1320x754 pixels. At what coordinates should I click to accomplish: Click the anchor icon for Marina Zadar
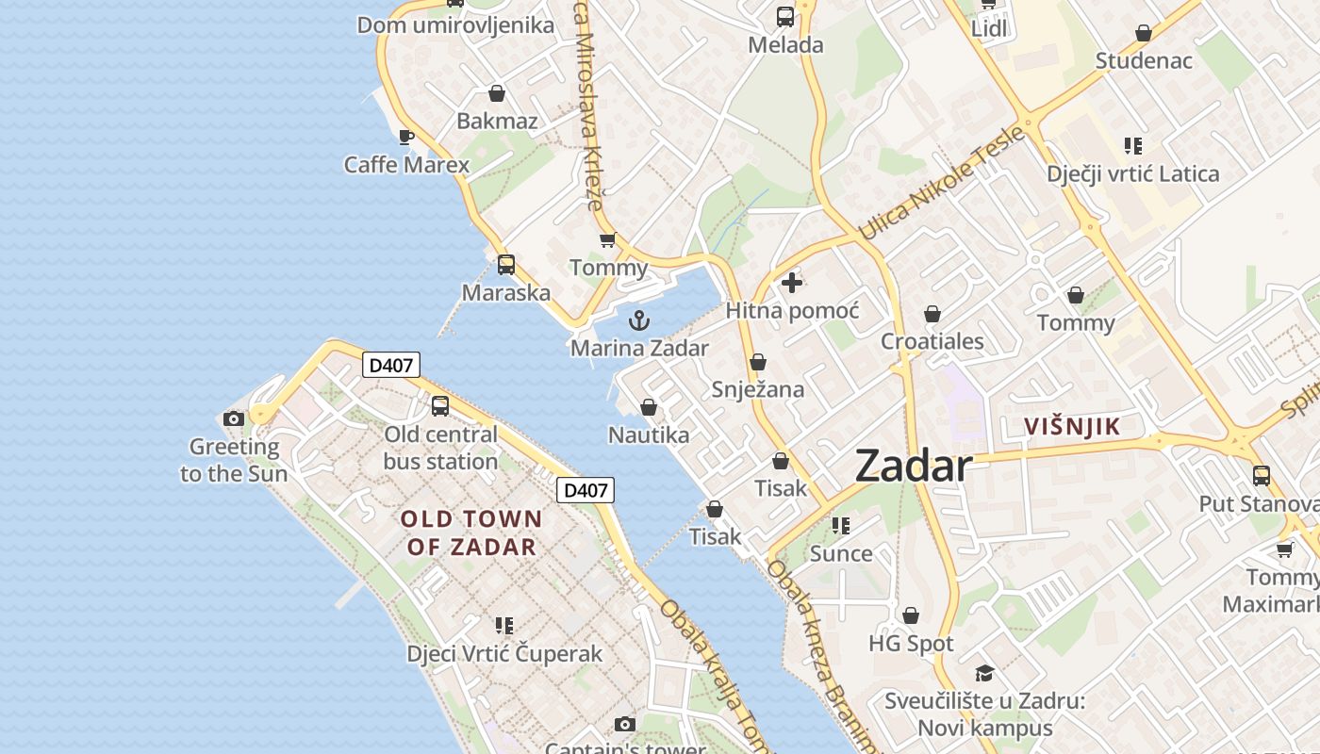pos(639,320)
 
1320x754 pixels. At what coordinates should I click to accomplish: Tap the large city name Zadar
pos(913,467)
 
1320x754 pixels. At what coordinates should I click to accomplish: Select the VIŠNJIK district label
pos(1073,427)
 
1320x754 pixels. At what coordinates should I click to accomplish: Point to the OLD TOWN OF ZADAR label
pos(471,533)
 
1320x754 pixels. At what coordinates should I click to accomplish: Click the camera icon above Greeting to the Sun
pos(234,418)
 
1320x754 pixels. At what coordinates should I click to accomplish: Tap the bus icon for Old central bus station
pos(440,406)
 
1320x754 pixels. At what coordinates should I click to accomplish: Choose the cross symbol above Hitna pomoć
pos(792,283)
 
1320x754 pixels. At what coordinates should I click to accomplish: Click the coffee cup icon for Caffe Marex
pos(406,138)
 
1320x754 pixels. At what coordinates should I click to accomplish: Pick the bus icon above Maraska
pos(506,265)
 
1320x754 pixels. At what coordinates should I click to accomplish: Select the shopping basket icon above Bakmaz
pos(497,93)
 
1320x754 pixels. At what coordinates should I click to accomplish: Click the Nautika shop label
pos(649,435)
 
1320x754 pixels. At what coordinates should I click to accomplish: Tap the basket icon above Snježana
pos(758,362)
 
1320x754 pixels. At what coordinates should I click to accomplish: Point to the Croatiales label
pos(932,341)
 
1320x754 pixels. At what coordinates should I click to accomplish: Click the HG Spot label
pos(911,644)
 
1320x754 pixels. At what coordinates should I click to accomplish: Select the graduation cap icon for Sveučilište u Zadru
pos(984,673)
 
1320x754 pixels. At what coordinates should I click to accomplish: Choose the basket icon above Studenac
pos(1144,34)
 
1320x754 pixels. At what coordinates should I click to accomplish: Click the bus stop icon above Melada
pos(785,17)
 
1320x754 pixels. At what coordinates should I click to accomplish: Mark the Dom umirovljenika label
pos(455,25)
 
